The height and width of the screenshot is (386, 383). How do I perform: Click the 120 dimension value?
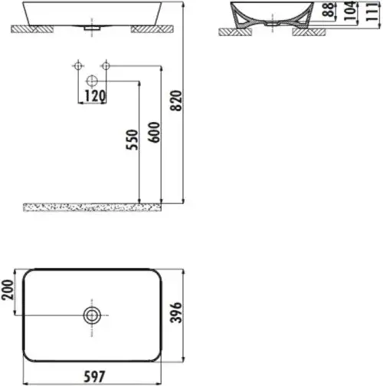click(x=94, y=96)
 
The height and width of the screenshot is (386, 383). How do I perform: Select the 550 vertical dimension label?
click(x=132, y=139)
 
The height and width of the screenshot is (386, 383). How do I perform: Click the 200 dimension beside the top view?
click(x=9, y=291)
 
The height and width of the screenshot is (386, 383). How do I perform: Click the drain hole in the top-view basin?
click(x=93, y=314)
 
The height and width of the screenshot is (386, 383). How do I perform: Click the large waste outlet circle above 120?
click(x=92, y=80)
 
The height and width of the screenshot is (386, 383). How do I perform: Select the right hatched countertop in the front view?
click(x=150, y=29)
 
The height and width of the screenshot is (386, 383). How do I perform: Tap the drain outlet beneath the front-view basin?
click(x=93, y=28)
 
